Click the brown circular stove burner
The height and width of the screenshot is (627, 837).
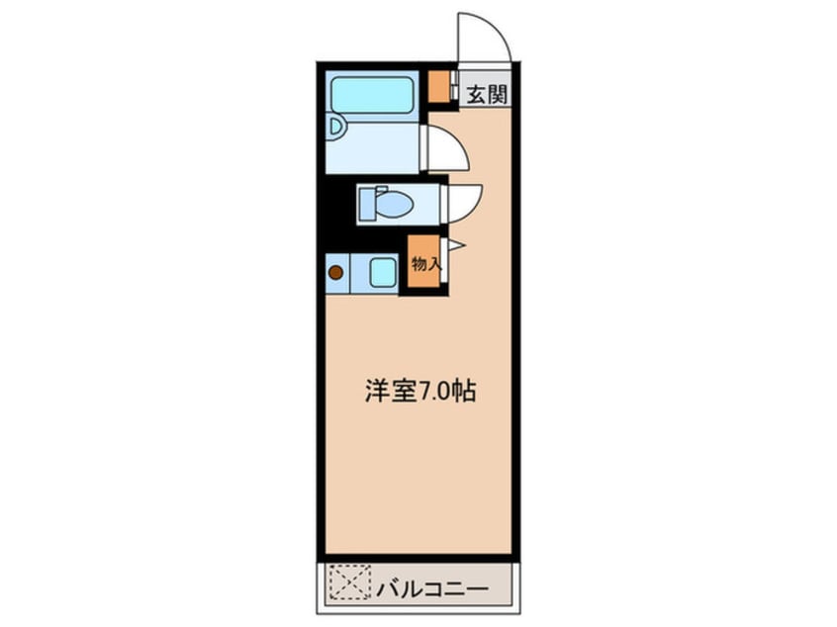tap(335, 272)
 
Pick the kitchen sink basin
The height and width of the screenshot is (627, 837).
tap(383, 272)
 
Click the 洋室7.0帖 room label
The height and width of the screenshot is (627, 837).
tap(418, 392)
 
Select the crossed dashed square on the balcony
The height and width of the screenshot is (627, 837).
tap(347, 582)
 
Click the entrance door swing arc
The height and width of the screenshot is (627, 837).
tap(485, 35)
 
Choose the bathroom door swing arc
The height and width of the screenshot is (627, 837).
tap(446, 149)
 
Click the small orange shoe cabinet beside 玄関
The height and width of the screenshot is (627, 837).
tap(438, 88)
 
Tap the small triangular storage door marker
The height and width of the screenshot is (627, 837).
tap(455, 244)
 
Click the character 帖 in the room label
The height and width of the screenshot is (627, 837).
tap(463, 392)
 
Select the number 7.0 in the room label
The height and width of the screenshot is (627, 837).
tap(431, 392)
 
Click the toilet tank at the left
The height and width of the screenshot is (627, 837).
tap(366, 204)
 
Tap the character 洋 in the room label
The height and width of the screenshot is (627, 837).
tap(374, 392)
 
